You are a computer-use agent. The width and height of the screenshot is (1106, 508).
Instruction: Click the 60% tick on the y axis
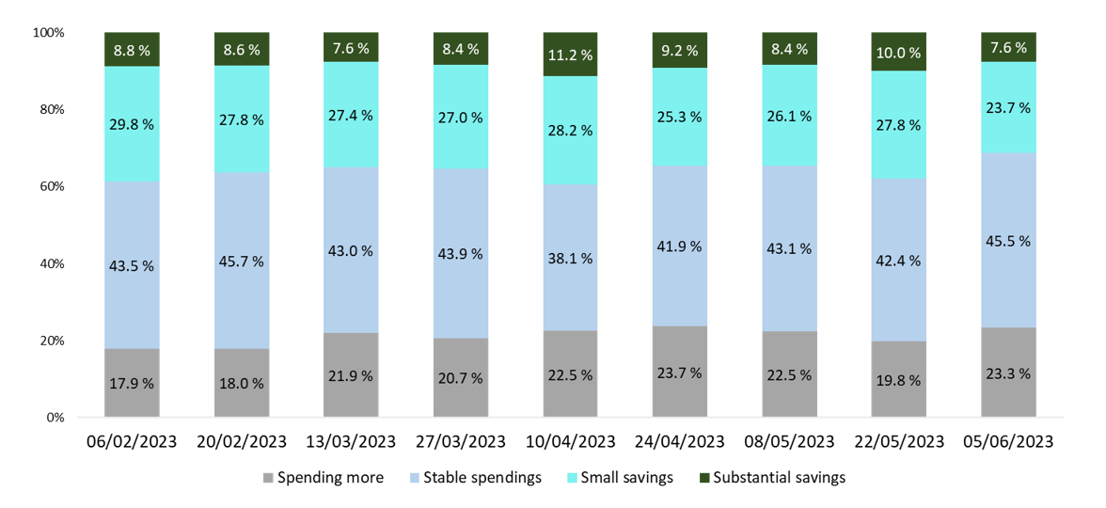coord(49,186)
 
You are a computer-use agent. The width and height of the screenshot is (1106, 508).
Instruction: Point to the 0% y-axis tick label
coord(53,418)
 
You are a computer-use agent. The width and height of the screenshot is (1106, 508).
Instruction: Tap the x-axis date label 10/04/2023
coord(571,441)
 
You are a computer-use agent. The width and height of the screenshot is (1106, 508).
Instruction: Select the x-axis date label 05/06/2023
coord(1009,441)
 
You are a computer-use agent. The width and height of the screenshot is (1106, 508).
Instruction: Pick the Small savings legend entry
coord(621,478)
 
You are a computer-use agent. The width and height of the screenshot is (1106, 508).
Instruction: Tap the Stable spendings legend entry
coord(476,478)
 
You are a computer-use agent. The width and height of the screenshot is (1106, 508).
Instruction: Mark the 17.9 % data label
coord(132,383)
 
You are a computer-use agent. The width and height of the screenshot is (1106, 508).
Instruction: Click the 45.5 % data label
coord(1009,240)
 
